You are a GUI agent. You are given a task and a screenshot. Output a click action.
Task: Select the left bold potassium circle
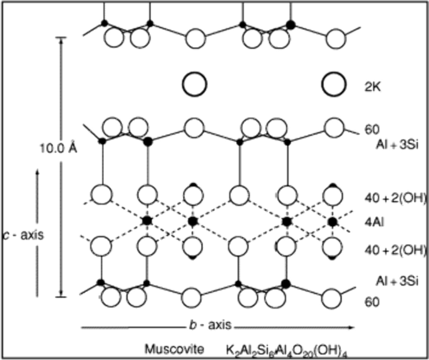tap(194, 83)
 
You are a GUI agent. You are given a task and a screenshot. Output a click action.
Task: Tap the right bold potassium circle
tap(334, 83)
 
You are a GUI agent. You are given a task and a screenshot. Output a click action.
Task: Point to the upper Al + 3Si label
tap(401, 145)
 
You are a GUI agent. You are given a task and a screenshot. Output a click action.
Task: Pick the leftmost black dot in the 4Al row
tap(147, 221)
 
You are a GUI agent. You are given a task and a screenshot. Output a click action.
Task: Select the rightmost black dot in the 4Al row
tap(333, 221)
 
